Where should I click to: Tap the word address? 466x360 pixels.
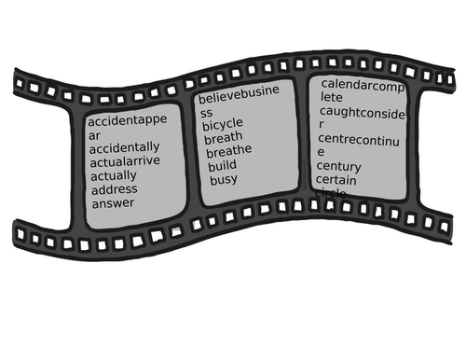[x=114, y=189]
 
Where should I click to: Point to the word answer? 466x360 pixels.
[x=112, y=203]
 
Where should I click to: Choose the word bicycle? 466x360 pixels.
[x=223, y=124]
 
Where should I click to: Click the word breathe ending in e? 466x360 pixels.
[x=228, y=151]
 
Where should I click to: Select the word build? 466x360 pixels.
[x=222, y=165]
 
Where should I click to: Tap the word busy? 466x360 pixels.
[x=223, y=179]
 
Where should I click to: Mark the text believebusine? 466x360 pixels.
[x=239, y=98]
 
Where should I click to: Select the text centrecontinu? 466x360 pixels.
[x=358, y=139]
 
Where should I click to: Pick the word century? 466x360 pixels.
[x=338, y=166]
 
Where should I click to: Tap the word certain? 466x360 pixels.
[x=336, y=179]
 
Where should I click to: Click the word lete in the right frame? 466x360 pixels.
[x=332, y=97]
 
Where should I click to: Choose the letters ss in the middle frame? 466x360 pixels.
[x=207, y=112]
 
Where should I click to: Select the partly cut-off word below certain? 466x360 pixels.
[x=332, y=192]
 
